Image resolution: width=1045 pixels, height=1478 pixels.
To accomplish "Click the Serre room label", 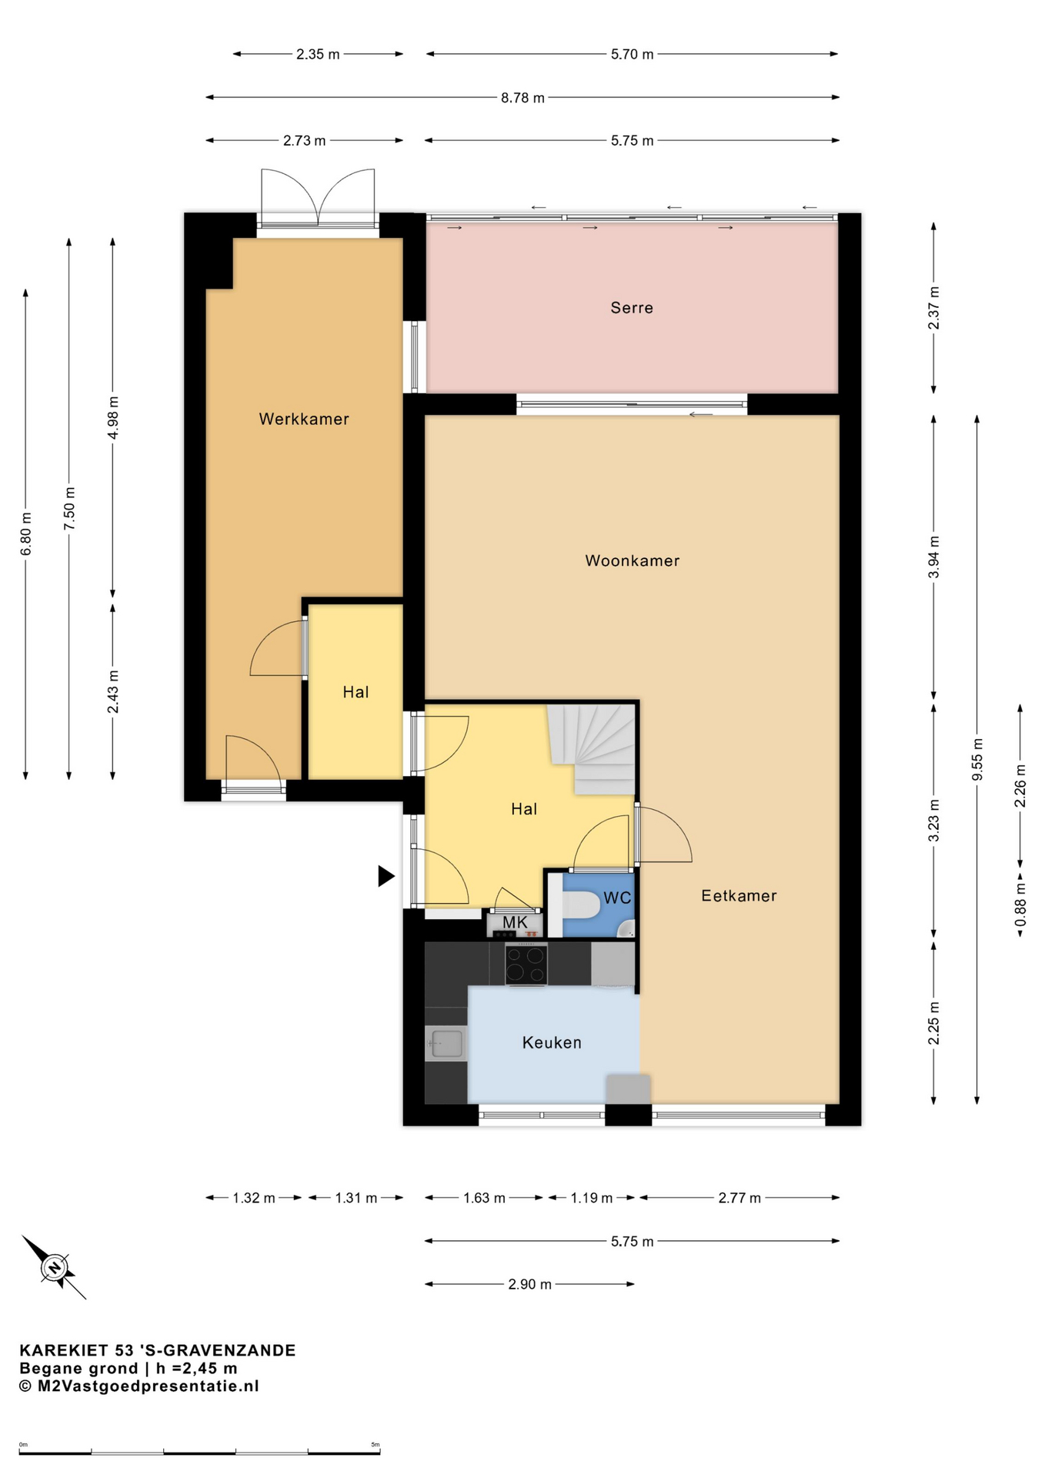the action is (632, 308).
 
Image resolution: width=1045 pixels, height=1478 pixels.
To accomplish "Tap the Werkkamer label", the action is (304, 420).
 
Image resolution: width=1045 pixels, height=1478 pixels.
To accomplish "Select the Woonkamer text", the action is (633, 561).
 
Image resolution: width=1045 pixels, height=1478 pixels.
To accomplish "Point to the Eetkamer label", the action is (739, 896).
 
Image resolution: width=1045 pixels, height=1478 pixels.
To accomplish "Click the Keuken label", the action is (552, 1043).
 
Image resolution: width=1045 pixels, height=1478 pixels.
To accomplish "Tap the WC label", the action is (617, 898).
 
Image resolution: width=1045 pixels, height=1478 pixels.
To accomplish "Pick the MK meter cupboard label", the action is (515, 922).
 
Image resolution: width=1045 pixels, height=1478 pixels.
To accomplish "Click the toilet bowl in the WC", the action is (582, 905).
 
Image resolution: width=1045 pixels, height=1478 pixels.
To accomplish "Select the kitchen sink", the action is (446, 1044).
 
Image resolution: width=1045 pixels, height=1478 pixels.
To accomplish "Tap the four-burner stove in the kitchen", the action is (526, 965).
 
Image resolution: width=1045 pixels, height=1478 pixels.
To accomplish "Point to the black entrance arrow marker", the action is (386, 876).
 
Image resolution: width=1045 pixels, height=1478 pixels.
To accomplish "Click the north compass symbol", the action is (54, 1267).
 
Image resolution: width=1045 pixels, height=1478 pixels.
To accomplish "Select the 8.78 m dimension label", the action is (522, 98).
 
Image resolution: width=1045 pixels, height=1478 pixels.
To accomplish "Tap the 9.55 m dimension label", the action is (977, 760).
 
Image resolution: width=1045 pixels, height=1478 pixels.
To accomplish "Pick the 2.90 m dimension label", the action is (529, 1284).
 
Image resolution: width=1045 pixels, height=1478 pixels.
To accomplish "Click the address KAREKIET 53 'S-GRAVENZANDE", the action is (158, 1350).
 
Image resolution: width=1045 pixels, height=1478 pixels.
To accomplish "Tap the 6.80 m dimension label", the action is (26, 534).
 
